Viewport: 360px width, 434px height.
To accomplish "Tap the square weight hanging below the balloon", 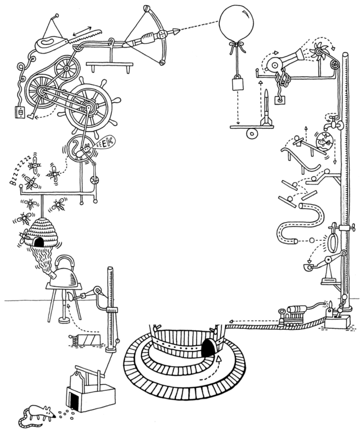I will click(237, 84).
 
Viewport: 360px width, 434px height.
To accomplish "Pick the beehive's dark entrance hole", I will click(38, 243).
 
